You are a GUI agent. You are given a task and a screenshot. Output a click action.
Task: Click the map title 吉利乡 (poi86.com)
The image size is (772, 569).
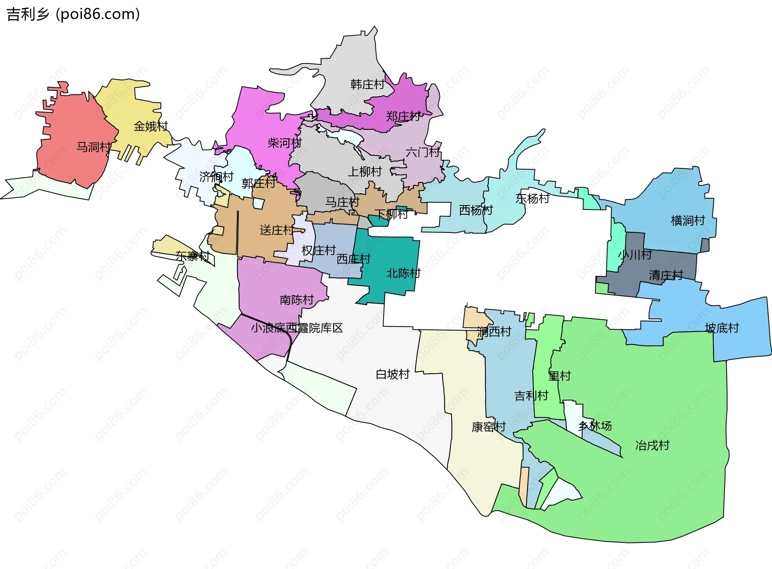pos(73,14)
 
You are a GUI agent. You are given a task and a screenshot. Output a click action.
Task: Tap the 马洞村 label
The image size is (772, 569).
pos(94,147)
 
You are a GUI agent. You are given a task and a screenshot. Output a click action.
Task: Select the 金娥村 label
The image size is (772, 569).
pos(151,126)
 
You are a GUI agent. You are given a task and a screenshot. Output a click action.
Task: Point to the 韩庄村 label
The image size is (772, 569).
pos(368,84)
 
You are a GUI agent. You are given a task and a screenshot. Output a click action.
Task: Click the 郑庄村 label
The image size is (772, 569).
pos(403,117)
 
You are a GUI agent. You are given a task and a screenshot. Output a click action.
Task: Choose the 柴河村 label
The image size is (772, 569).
pos(285,143)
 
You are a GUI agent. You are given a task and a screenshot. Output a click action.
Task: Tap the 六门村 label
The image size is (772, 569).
pos(423,152)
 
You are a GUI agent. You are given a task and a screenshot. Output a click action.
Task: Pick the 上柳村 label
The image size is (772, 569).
pos(365,172)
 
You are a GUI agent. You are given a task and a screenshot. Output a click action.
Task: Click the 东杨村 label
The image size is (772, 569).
pos(532,198)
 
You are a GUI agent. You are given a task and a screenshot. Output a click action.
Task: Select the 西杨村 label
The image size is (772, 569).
pos(476,210)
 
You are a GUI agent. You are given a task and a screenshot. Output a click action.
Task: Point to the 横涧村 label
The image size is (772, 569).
pos(688,220)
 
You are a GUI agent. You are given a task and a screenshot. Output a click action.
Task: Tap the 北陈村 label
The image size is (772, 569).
pos(403,273)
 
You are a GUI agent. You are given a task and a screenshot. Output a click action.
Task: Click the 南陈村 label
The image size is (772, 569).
pos(297,300)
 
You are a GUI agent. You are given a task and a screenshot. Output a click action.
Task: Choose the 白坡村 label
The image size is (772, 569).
pos(392,374)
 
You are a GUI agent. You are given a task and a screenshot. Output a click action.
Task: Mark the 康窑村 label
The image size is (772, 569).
pos(489,427)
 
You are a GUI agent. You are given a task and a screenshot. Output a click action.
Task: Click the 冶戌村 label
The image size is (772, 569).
pos(652,446)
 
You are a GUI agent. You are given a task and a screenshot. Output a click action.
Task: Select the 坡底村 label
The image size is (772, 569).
pos(722,328)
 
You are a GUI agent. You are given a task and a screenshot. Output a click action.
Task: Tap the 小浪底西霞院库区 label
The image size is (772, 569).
pos(297,328)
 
